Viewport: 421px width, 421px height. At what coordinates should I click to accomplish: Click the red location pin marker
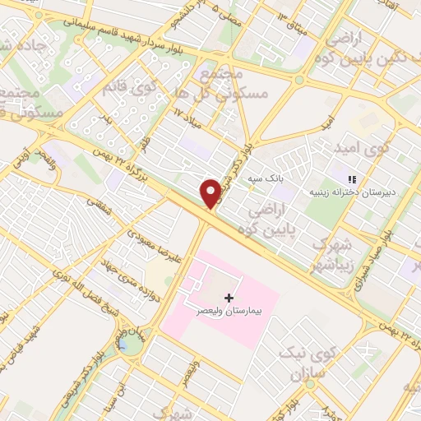211,193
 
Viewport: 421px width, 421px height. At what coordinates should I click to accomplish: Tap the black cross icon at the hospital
229,297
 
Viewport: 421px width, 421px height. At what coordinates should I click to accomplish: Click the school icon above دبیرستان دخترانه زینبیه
351,179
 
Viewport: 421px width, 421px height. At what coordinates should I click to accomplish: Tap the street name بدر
109,121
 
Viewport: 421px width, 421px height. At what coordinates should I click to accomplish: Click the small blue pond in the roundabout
129,344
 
